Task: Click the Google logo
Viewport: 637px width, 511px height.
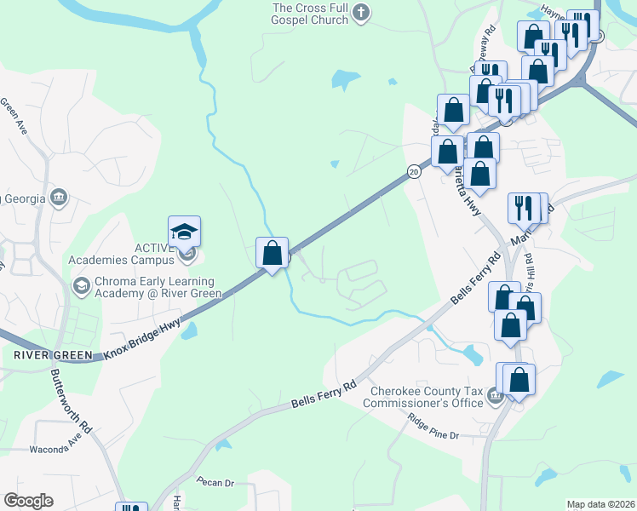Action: [x=28, y=501]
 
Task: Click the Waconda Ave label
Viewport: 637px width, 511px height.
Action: [x=54, y=449]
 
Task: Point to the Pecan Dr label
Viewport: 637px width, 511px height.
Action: [x=215, y=483]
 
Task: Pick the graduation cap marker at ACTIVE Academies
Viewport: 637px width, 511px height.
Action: [x=184, y=233]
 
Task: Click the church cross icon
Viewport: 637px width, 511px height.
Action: [x=362, y=11]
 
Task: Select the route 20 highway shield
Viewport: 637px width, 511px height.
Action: [x=413, y=171]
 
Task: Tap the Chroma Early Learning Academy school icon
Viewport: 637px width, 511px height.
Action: [x=81, y=284]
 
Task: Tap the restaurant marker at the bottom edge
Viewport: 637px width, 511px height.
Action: [x=129, y=508]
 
